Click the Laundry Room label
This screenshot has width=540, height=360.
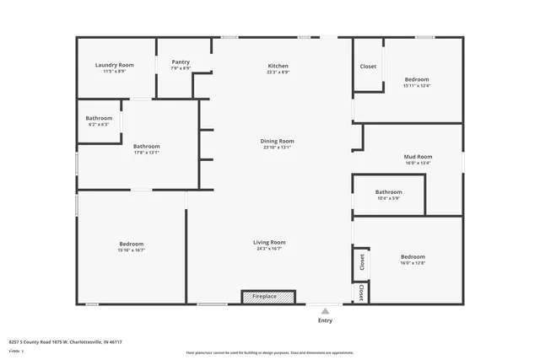point(115,65)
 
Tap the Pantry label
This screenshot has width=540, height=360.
point(181,62)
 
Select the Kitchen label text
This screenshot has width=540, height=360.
point(278,66)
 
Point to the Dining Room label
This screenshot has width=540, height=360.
point(277,141)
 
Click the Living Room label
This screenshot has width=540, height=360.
point(269,243)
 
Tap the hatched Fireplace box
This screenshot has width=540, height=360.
point(268,297)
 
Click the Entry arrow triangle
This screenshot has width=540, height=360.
point(325,310)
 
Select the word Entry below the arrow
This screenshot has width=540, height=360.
point(325,320)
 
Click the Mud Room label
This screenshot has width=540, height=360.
point(418,156)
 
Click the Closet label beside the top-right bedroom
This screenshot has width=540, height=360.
point(368,67)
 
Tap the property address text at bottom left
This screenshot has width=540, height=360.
point(65,341)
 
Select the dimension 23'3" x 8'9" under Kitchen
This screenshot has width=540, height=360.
point(278,73)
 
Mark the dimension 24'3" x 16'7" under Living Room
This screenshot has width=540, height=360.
point(269,249)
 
